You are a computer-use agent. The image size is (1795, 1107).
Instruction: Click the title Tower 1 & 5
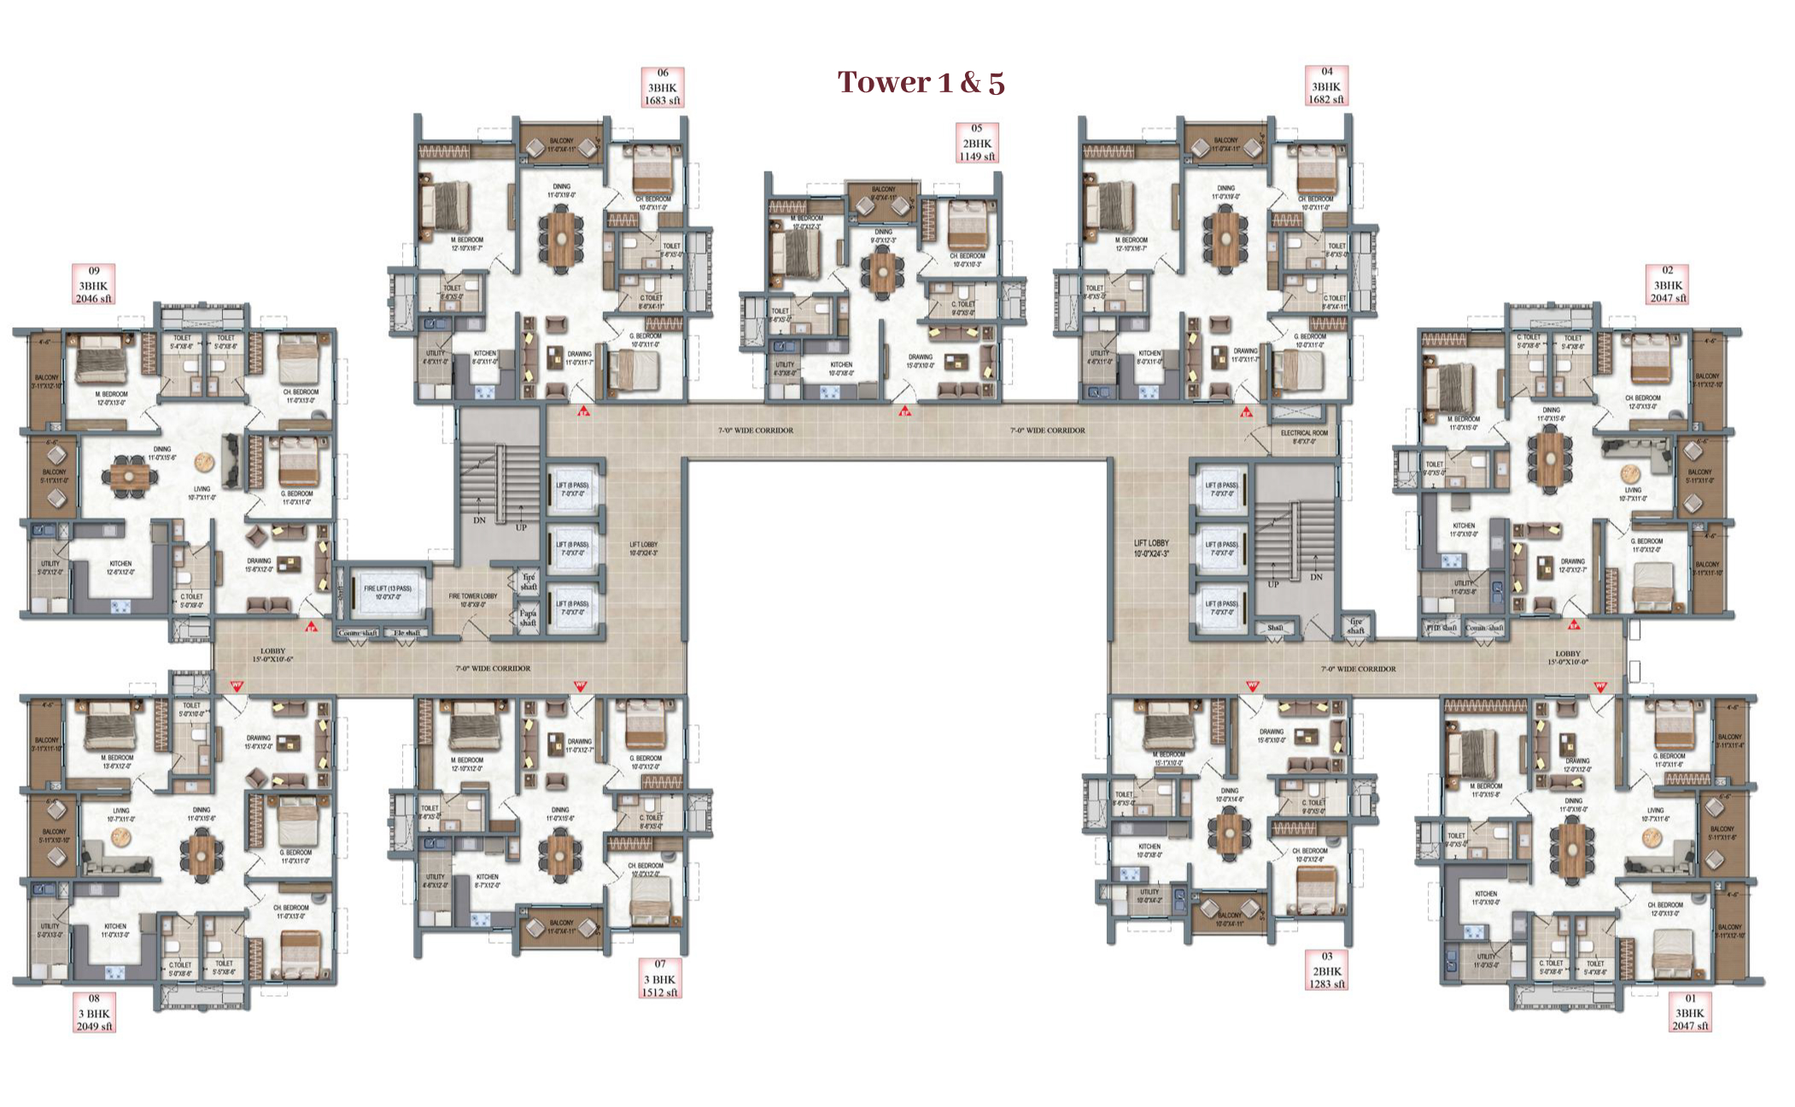click(x=921, y=83)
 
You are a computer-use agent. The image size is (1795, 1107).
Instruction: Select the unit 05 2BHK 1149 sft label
click(x=977, y=143)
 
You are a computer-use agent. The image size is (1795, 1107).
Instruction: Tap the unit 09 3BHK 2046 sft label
click(x=93, y=284)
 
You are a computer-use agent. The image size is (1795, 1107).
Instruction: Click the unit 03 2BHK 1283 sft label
click(x=1326, y=970)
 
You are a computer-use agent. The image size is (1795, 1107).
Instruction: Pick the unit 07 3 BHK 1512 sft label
click(x=660, y=978)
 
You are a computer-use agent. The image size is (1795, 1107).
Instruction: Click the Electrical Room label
click(x=1304, y=437)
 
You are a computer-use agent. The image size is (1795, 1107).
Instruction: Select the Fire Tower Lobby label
click(x=472, y=600)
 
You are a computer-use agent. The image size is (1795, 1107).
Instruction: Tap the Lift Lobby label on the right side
click(x=1151, y=548)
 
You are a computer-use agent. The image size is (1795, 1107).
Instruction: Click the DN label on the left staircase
click(x=479, y=519)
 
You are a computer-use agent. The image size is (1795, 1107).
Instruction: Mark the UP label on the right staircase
click(x=1273, y=585)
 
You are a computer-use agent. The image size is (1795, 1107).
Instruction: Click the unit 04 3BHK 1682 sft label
click(x=1326, y=86)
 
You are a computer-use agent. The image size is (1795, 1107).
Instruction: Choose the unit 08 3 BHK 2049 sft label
click(x=94, y=1012)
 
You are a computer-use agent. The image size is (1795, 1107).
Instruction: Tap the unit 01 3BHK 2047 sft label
click(x=1691, y=1012)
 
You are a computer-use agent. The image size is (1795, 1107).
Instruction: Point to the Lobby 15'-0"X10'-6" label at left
click(x=272, y=655)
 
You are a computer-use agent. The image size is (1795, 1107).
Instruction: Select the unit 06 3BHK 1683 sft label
click(x=663, y=87)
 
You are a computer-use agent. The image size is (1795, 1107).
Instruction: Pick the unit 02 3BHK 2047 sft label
click(x=1668, y=284)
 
